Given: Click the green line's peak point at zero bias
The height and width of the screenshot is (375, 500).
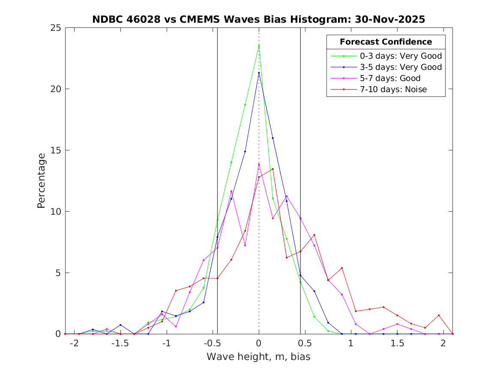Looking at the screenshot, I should pyautogui.click(x=259, y=46).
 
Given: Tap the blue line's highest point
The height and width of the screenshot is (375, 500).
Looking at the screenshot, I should pyautogui.click(x=259, y=73).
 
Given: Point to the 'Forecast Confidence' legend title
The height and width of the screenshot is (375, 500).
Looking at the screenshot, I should pyautogui.click(x=386, y=42).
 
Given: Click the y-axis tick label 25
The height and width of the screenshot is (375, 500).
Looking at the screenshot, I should pyautogui.click(x=56, y=28).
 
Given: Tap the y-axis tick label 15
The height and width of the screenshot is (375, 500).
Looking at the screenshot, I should pyautogui.click(x=56, y=150).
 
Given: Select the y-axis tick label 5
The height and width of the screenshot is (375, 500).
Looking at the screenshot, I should pyautogui.click(x=58, y=273).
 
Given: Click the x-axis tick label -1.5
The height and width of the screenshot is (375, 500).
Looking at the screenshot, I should pyautogui.click(x=120, y=343).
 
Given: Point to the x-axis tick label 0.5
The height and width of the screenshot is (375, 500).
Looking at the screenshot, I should pyautogui.click(x=305, y=343).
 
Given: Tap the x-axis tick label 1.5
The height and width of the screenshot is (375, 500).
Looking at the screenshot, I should pyautogui.click(x=397, y=343).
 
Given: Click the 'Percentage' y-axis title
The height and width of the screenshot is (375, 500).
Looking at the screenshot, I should pyautogui.click(x=41, y=181).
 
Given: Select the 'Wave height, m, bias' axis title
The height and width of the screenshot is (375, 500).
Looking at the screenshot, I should pyautogui.click(x=258, y=357).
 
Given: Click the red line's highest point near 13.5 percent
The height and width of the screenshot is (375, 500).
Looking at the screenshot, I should pyautogui.click(x=272, y=169).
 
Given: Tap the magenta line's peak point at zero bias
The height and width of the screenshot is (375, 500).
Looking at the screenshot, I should pyautogui.click(x=259, y=165).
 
